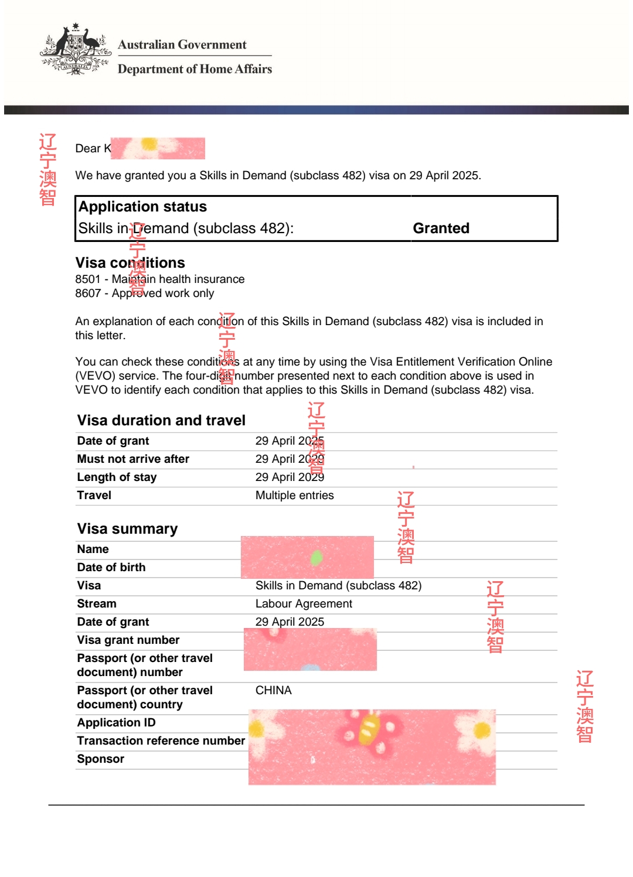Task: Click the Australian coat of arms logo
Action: pyautogui.click(x=76, y=49)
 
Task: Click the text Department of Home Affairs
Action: pyautogui.click(x=195, y=69)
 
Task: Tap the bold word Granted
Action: pyautogui.click(x=441, y=228)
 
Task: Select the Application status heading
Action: pyautogui.click(x=142, y=207)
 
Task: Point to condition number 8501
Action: pyautogui.click(x=87, y=279)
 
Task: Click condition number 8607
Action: pyautogui.click(x=87, y=294)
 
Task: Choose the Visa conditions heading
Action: pyautogui.click(x=130, y=262)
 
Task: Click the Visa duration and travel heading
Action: pyautogui.click(x=161, y=420)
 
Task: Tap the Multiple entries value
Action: pyautogui.click(x=294, y=495)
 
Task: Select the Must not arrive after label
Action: pyautogui.click(x=133, y=459)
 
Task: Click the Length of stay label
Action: pyautogui.click(x=117, y=477)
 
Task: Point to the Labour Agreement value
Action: pyautogui.click(x=304, y=603)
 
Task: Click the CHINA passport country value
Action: pyautogui.click(x=273, y=690)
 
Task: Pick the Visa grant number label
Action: pyautogui.click(x=128, y=640)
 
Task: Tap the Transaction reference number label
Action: pyautogui.click(x=161, y=740)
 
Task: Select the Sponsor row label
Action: pyautogui.click(x=100, y=759)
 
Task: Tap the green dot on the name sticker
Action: pyautogui.click(x=316, y=558)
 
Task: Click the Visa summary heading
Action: pyautogui.click(x=127, y=528)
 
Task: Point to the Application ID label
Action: pyautogui.click(x=116, y=722)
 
